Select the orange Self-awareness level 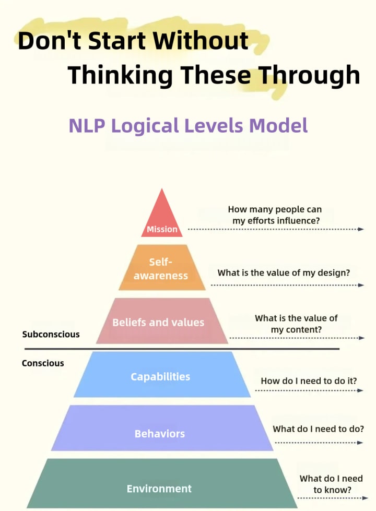click(x=161, y=268)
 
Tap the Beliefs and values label click(x=158, y=322)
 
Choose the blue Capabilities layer click(x=160, y=376)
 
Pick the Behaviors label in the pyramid click(x=160, y=434)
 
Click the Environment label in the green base click(x=159, y=489)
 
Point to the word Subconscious click(x=51, y=334)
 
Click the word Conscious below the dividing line click(x=43, y=363)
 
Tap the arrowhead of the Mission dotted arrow click(x=361, y=229)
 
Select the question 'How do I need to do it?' click(x=309, y=381)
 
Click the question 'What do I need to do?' click(x=318, y=429)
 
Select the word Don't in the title click(x=45, y=41)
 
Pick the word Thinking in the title click(x=120, y=75)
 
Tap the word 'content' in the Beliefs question click(x=302, y=330)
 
